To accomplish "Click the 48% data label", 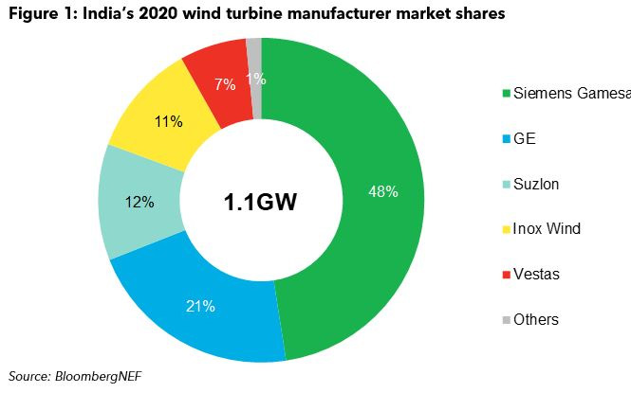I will (382, 191).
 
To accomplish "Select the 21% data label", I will (201, 306).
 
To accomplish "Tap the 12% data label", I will (139, 201).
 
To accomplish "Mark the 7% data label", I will (224, 84).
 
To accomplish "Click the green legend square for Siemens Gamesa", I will (507, 93).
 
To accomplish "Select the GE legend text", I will (525, 138).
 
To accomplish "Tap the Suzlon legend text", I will (536, 184).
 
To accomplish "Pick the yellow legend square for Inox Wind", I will (507, 229).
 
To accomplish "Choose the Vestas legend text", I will (536, 275).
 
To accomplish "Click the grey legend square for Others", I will (507, 320).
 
